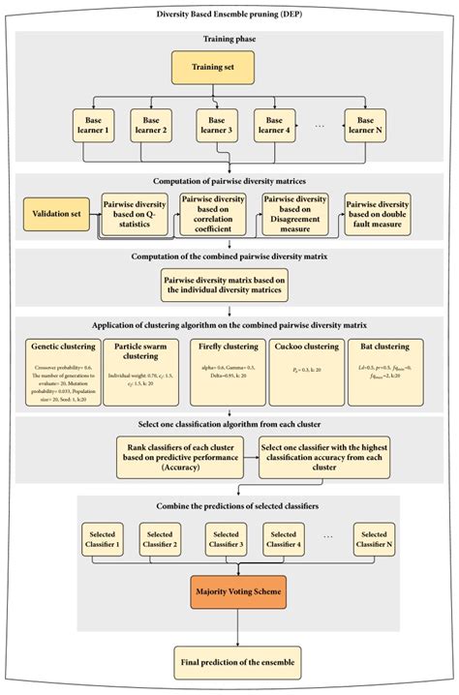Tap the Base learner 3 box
[x=215, y=124]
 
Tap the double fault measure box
[x=378, y=214]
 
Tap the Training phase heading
[x=229, y=41]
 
